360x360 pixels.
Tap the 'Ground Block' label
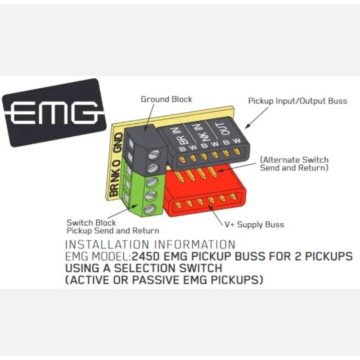[x=166, y=99]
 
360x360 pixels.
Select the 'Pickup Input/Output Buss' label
[x=297, y=101]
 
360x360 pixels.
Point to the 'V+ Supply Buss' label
[x=254, y=224]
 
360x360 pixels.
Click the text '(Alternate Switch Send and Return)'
[x=294, y=164]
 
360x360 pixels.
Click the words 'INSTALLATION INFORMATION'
[x=150, y=245]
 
